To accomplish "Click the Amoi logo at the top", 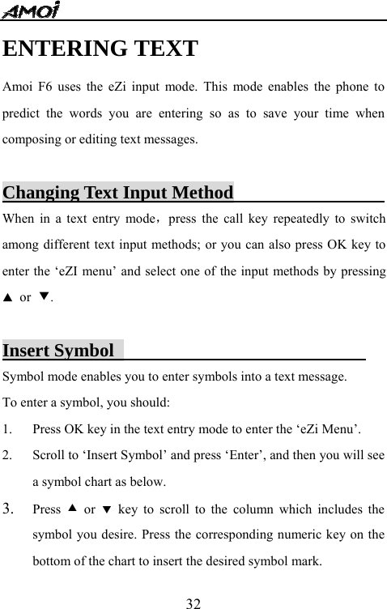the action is coord(32,11).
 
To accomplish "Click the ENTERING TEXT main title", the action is coord(100,49).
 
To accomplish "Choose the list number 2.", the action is coord(8,455).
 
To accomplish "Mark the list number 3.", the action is coord(9,509).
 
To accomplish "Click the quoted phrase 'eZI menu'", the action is coord(71,271).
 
